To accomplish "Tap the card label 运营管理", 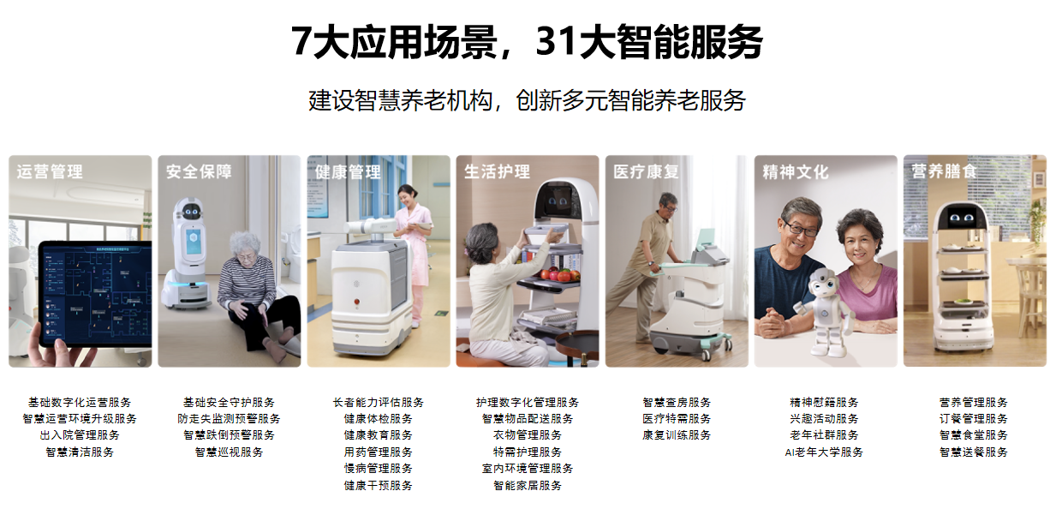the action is click(x=50, y=171).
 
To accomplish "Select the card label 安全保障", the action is click(x=199, y=171).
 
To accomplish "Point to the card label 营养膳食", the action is click(x=944, y=171).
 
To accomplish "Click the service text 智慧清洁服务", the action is click(x=80, y=452).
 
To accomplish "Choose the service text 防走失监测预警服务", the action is click(x=230, y=418).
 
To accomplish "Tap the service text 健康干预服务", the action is click(x=378, y=485).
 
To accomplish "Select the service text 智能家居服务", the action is click(x=528, y=485).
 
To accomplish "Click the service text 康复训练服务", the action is click(x=677, y=434).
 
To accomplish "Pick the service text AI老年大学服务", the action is click(x=824, y=452).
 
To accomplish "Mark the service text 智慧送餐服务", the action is click(x=974, y=452).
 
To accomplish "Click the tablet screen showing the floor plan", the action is click(x=98, y=293).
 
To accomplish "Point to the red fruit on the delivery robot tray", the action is click(x=560, y=275).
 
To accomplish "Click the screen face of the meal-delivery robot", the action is click(x=962, y=218).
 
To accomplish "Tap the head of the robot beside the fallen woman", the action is click(x=190, y=213).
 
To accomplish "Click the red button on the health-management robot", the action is click(x=357, y=302).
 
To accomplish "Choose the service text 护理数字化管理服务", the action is click(x=528, y=402).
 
